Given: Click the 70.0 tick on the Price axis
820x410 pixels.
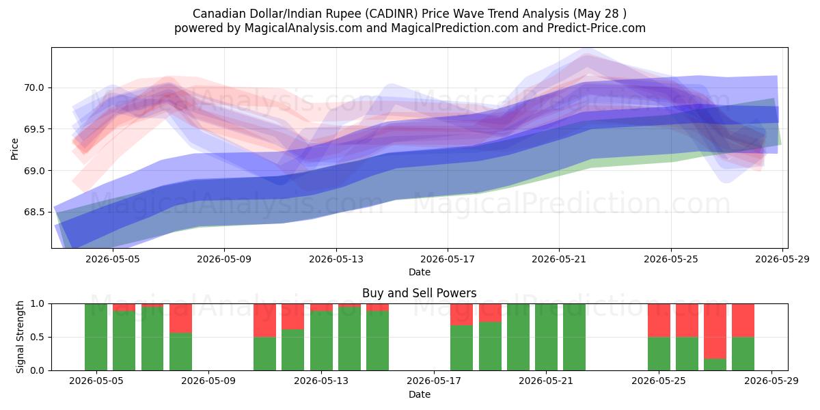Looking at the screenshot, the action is (x=33, y=88).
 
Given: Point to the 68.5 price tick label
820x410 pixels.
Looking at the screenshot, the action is (x=33, y=213).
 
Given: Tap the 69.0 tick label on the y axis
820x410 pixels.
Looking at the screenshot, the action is (x=33, y=171).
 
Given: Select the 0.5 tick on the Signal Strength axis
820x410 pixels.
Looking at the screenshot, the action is (x=37, y=337).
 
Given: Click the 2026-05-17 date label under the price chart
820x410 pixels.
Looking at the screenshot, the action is (x=448, y=259).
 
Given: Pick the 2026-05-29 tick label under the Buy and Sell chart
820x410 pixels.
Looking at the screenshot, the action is (x=771, y=381).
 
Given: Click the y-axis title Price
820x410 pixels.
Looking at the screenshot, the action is (x=14, y=149).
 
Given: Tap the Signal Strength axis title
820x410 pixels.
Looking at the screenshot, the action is (x=20, y=337).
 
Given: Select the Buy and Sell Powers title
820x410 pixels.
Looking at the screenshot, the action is (x=419, y=293).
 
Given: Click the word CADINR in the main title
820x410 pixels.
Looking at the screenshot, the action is (x=392, y=14).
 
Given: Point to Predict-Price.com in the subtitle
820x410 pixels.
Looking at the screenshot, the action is (x=597, y=28).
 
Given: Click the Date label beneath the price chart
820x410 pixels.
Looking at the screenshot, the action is (x=420, y=272).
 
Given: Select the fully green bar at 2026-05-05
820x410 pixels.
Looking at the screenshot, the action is (x=96, y=337).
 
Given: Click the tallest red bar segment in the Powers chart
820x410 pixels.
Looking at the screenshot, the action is (x=715, y=331).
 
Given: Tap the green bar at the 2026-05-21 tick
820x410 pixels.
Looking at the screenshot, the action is (x=546, y=337).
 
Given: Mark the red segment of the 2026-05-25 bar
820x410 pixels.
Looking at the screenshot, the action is (x=659, y=320).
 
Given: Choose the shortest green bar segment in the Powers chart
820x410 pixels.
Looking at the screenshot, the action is (x=715, y=365).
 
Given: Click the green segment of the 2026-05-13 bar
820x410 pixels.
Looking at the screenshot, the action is (x=321, y=340).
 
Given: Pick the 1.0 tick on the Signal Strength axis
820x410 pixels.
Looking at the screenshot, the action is (x=37, y=304).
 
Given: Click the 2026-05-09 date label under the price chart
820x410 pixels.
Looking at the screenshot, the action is (x=224, y=259).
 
